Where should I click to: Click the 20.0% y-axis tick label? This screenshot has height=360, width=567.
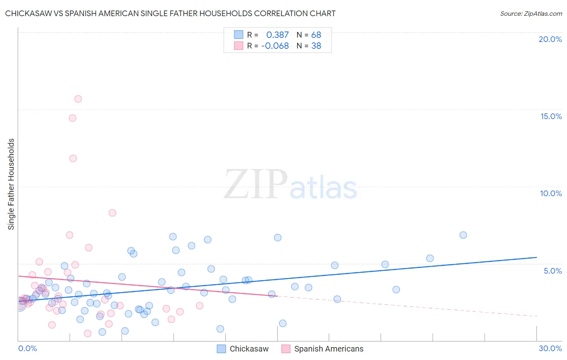pyautogui.click(x=550, y=39)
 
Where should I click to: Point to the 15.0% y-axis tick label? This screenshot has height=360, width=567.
pyautogui.click(x=551, y=116)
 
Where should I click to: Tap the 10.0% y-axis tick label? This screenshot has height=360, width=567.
pyautogui.click(x=551, y=193)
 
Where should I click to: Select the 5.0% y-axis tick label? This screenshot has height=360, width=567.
pyautogui.click(x=552, y=271)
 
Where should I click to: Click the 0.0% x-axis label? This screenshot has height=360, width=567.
pyautogui.click(x=27, y=348)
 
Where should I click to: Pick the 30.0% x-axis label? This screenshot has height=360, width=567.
pyautogui.click(x=550, y=348)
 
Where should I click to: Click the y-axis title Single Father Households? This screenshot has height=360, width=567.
pyautogui.click(x=11, y=184)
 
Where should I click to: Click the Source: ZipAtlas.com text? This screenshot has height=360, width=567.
pyautogui.click(x=531, y=14)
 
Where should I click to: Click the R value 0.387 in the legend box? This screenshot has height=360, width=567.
pyautogui.click(x=277, y=35)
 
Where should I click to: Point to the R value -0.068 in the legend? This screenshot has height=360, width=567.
pyautogui.click(x=275, y=46)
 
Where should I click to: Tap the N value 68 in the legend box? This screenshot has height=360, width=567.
pyautogui.click(x=316, y=35)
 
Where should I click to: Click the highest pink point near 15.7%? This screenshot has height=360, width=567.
pyautogui.click(x=78, y=99)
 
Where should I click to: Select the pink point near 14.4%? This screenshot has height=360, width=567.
pyautogui.click(x=73, y=118)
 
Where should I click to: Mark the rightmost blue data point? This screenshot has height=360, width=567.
pyautogui.click(x=463, y=235)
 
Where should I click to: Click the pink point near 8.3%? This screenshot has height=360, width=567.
pyautogui.click(x=113, y=213)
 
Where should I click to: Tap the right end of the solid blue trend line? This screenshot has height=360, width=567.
pyautogui.click(x=537, y=257)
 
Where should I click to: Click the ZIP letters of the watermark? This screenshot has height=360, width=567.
pyautogui.click(x=256, y=185)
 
